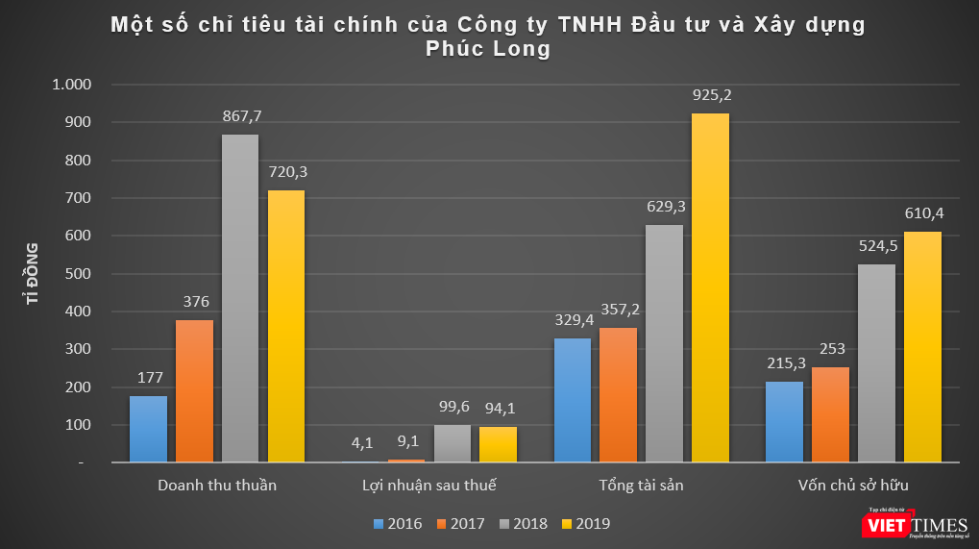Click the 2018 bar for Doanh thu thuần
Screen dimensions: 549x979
(240, 298)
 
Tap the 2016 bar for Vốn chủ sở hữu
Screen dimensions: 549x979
(784, 422)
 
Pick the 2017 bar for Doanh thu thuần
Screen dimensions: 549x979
(194, 391)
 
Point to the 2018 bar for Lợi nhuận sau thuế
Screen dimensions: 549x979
(452, 444)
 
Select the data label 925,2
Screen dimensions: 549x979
(711, 95)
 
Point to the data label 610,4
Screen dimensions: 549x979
(923, 213)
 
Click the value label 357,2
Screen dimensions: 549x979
(618, 310)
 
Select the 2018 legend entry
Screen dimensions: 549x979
(522, 524)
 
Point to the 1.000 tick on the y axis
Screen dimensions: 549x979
(72, 85)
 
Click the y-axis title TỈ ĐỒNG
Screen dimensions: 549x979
(33, 274)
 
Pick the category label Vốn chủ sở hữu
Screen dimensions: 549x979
(853, 485)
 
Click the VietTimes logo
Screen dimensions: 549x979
(912, 523)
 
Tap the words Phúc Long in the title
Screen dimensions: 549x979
(489, 49)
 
